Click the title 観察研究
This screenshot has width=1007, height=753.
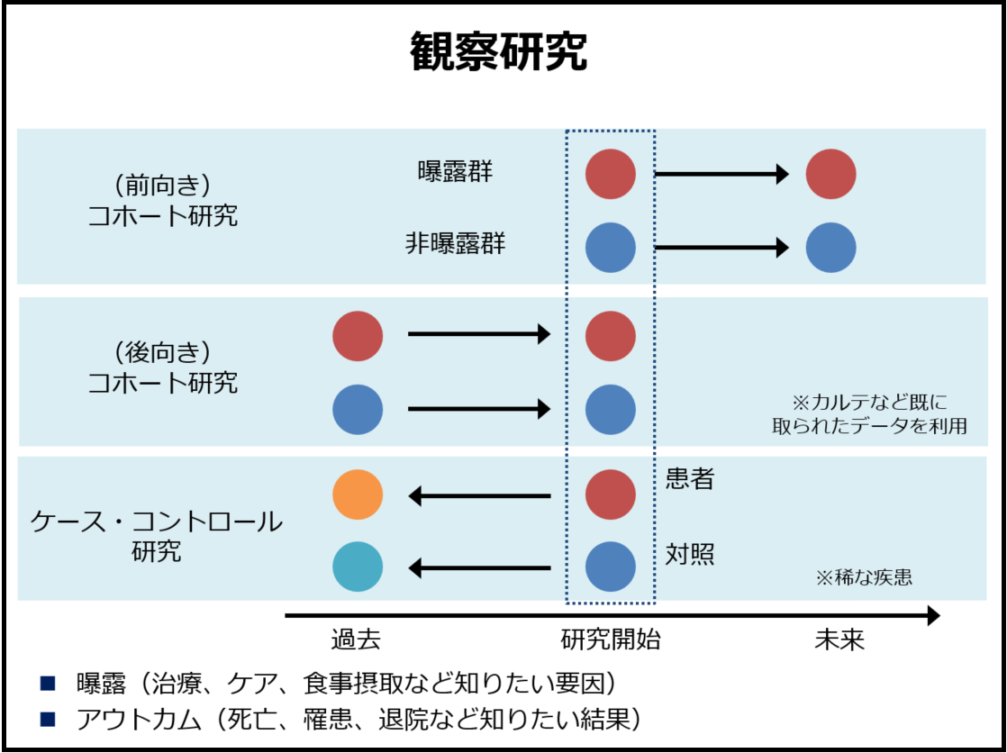(498, 52)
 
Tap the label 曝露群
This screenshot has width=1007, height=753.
(456, 172)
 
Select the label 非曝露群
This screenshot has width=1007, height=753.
(456, 245)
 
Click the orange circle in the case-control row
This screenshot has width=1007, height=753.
(358, 494)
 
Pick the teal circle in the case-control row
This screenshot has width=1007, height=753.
(358, 567)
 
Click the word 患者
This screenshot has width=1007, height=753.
(690, 479)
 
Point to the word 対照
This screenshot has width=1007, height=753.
(690, 553)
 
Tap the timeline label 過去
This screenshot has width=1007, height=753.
(357, 640)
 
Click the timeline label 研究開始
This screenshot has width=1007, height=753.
(611, 640)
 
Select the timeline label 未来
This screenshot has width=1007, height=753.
(840, 640)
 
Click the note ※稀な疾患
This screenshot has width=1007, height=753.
(864, 577)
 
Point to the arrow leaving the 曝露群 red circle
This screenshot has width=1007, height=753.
(721, 174)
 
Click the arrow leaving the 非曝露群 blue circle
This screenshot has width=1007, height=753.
(721, 248)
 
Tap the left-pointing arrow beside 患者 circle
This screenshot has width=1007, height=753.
(480, 496)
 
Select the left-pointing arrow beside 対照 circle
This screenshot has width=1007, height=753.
(480, 568)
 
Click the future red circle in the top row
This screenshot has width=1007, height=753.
(831, 174)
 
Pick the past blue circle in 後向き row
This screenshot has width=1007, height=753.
(358, 409)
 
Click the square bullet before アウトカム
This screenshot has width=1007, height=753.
(48, 719)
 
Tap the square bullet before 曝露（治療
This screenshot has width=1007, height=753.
(48, 683)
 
